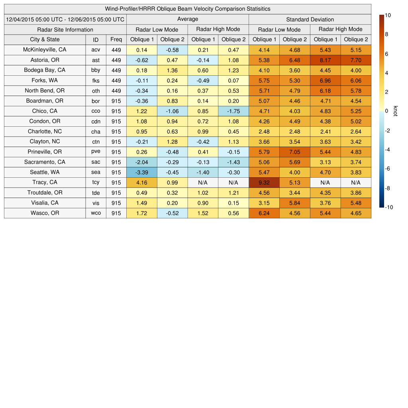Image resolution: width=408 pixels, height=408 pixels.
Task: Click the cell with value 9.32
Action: (x=264, y=182)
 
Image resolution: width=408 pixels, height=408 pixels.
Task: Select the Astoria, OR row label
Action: (x=45, y=60)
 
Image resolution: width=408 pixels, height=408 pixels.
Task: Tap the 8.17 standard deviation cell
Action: (x=325, y=60)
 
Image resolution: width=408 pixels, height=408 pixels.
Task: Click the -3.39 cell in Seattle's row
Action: (x=141, y=172)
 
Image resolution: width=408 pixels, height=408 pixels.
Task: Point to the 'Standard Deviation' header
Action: (x=310, y=20)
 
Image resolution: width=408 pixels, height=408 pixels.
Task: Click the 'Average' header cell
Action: (x=187, y=19)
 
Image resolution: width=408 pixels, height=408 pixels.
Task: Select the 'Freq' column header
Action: (x=116, y=39)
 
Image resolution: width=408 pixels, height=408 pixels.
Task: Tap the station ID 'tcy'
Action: (x=96, y=182)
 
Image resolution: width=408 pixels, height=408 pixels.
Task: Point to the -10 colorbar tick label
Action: (x=389, y=207)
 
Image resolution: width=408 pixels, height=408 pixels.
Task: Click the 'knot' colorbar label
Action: (x=395, y=111)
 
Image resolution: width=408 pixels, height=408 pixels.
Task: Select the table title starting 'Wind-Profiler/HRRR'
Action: (x=187, y=9)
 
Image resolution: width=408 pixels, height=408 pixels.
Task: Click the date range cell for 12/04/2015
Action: (x=65, y=19)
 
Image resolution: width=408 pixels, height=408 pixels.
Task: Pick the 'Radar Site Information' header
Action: (x=65, y=29)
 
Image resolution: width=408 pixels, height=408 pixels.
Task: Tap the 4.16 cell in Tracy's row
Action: (x=141, y=182)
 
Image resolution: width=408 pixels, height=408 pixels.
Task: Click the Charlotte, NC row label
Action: (x=45, y=131)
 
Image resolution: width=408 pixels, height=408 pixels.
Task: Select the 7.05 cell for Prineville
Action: (x=294, y=152)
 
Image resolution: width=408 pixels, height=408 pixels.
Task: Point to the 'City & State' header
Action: (x=45, y=39)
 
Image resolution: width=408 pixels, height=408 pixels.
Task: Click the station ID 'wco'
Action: (x=96, y=213)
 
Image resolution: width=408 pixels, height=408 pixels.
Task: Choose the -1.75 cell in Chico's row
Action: (x=233, y=111)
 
